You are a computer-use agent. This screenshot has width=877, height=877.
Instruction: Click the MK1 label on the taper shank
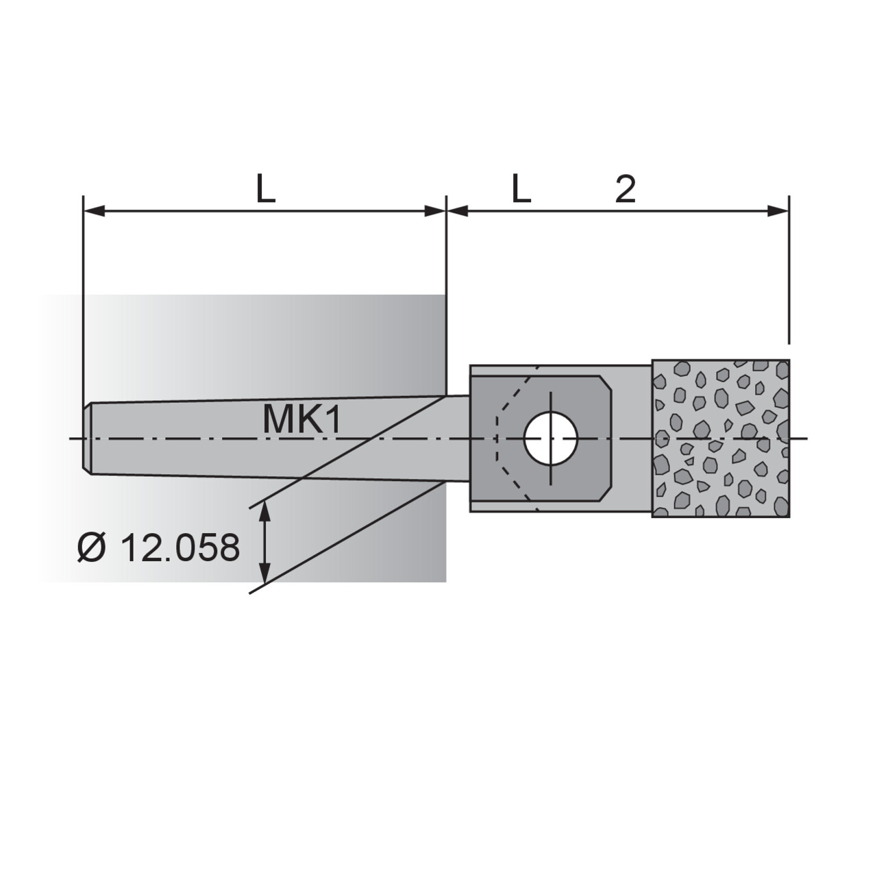click(x=301, y=420)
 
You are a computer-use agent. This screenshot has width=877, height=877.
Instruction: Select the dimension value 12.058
click(x=180, y=548)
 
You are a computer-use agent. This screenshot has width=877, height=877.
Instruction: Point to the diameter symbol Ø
click(x=90, y=548)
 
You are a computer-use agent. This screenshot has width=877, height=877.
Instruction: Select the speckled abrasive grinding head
click(x=721, y=438)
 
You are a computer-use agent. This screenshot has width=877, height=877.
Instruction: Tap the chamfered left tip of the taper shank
click(x=87, y=438)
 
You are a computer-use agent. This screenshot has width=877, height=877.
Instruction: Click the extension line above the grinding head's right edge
click(x=789, y=274)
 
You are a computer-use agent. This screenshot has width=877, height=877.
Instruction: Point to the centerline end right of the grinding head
click(x=803, y=438)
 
